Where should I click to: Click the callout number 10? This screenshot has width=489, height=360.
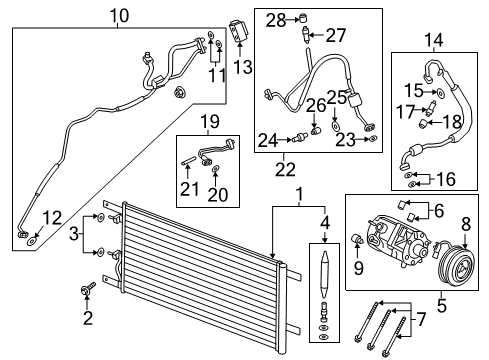(119, 15)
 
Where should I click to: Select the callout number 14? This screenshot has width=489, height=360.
(434, 41)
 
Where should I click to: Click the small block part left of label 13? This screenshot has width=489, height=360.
(236, 30)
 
